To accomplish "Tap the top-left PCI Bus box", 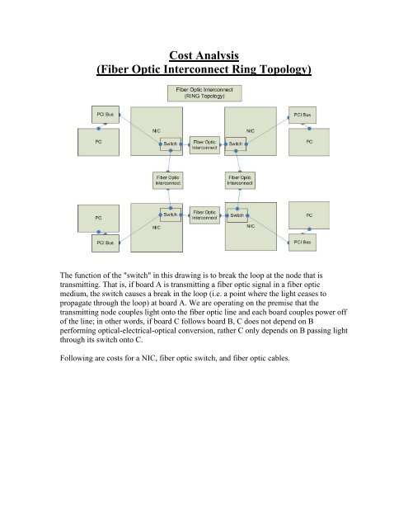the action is [99, 111].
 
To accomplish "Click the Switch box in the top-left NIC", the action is [171, 144].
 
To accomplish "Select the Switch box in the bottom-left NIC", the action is [171, 214].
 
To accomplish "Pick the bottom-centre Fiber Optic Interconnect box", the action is [204, 214].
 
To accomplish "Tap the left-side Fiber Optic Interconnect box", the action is [171, 179].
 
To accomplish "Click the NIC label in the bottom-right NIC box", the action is [251, 224].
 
